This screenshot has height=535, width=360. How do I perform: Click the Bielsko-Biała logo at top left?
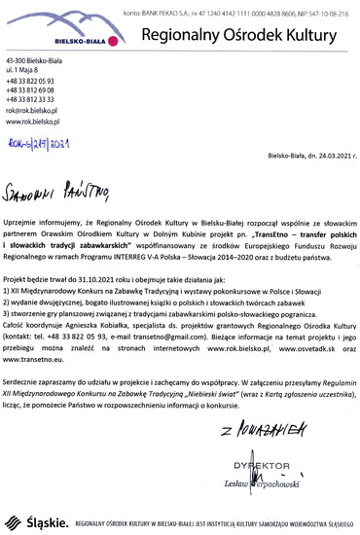(x=37, y=36)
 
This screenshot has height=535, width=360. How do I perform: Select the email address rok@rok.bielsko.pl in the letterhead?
(x=32, y=111)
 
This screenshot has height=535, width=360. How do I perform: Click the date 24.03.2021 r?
(x=332, y=156)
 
